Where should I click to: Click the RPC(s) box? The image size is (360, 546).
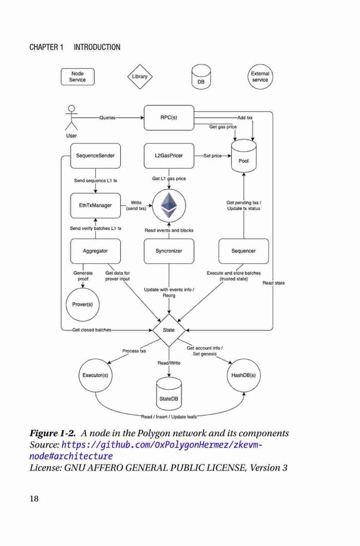click(169, 118)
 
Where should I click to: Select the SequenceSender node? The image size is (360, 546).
click(96, 156)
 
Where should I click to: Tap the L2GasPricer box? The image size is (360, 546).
click(169, 156)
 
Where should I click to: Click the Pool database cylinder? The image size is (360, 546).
click(244, 156)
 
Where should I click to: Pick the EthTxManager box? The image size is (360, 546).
click(96, 205)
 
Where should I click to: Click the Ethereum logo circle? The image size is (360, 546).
click(169, 205)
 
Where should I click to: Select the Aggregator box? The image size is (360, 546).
click(96, 251)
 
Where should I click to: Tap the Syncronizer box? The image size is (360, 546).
click(169, 251)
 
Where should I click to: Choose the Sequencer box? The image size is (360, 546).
click(244, 251)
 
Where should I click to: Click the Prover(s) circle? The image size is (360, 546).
click(82, 304)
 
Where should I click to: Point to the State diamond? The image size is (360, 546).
click(169, 330)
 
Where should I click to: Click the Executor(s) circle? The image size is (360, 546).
click(95, 376)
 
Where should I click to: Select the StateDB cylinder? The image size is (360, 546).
click(169, 394)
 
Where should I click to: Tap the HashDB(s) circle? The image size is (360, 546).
click(244, 376)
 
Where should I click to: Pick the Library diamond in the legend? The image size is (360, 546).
click(140, 76)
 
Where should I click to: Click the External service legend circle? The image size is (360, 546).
click(260, 76)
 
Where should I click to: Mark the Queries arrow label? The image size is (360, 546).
click(107, 118)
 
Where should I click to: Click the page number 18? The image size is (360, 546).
click(34, 498)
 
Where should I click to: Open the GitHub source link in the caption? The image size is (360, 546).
click(146, 450)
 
